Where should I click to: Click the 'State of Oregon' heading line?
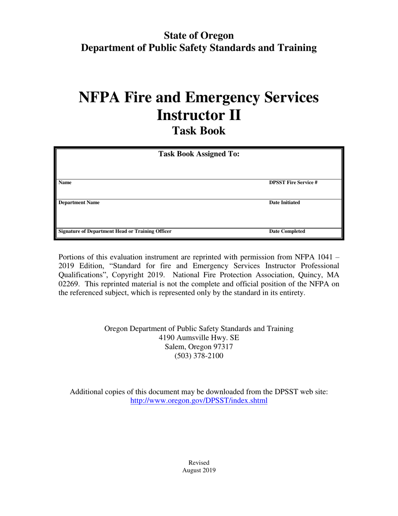199,35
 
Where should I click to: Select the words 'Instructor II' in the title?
199,114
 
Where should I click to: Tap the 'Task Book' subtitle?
199,131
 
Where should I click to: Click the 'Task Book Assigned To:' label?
199,154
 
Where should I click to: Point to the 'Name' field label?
65,182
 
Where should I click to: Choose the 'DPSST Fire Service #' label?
293,182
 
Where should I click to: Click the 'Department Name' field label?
79,203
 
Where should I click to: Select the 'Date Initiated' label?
284,203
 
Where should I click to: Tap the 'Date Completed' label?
287,231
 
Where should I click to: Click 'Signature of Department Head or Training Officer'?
115,231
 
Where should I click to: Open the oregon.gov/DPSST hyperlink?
199,401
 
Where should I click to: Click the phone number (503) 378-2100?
199,356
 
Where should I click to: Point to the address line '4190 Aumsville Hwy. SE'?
199,338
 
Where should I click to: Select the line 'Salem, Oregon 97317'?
199,347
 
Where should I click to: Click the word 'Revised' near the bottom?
199,462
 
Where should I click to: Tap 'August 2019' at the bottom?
199,470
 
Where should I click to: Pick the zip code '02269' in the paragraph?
68,284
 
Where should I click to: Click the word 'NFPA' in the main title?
99,98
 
